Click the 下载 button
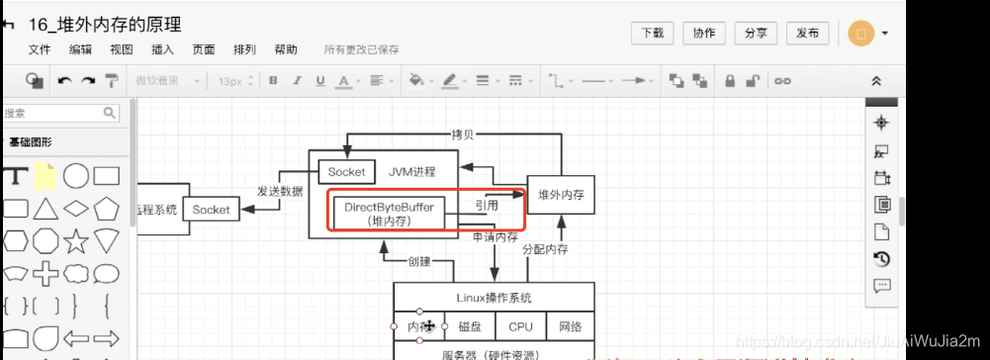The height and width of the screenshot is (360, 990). pyautogui.click(x=653, y=33)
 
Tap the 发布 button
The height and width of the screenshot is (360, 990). pyautogui.click(x=807, y=33)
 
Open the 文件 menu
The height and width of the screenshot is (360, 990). pyautogui.click(x=40, y=49)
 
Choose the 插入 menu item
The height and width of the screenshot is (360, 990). pyautogui.click(x=162, y=49)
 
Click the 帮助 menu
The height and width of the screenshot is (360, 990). pyautogui.click(x=285, y=49)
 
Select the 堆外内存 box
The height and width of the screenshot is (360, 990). pyautogui.click(x=561, y=196)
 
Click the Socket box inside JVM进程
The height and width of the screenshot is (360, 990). pyautogui.click(x=346, y=172)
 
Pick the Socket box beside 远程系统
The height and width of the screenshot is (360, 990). pyautogui.click(x=211, y=210)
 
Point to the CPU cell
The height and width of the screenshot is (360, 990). pyautogui.click(x=520, y=326)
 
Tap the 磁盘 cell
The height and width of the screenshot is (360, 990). pyautogui.click(x=469, y=326)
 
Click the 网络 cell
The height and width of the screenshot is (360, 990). pyautogui.click(x=570, y=326)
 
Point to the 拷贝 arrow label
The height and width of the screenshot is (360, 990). pyautogui.click(x=462, y=135)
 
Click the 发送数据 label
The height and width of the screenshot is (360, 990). pyautogui.click(x=280, y=191)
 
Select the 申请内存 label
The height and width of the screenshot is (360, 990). pyautogui.click(x=495, y=237)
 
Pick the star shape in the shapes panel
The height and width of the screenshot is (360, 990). pyautogui.click(x=75, y=240)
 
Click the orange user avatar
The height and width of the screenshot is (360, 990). pyautogui.click(x=860, y=33)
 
